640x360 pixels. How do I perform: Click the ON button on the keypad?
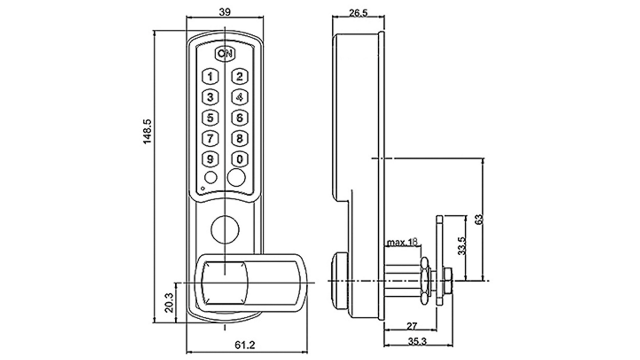(x=225, y=54)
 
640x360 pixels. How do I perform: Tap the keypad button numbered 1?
(x=210, y=76)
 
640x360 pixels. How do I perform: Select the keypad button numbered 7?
(x=210, y=138)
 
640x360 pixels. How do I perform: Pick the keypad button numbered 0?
(x=240, y=159)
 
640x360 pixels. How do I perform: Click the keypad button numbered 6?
(x=240, y=118)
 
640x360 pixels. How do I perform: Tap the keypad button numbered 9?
(x=210, y=159)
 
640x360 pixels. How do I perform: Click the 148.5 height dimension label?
(x=147, y=132)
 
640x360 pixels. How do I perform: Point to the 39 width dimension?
(x=225, y=12)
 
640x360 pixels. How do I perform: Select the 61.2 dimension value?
(x=245, y=345)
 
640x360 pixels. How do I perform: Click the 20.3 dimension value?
(x=169, y=302)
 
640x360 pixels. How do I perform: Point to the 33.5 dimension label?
(x=462, y=246)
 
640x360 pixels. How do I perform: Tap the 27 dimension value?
(x=412, y=326)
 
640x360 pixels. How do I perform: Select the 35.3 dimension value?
(x=417, y=341)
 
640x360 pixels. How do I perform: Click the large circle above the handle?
(x=225, y=230)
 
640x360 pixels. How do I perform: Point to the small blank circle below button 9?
(x=210, y=178)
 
